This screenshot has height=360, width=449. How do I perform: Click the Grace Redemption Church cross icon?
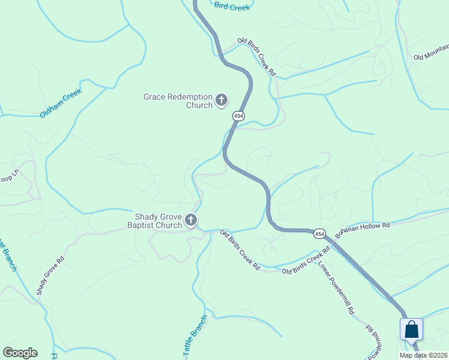(x=221, y=100)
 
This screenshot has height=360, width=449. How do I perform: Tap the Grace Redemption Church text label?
(x=178, y=101)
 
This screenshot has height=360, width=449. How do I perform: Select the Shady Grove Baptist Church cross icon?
(x=191, y=221)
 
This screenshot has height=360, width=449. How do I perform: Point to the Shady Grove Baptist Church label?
(x=154, y=221)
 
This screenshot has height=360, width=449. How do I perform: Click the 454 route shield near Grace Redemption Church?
(x=238, y=115)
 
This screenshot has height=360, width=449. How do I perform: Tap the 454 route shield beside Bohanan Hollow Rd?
(x=319, y=233)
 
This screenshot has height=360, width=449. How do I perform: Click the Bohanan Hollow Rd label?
(x=363, y=228)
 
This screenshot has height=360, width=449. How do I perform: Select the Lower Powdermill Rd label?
(x=337, y=289)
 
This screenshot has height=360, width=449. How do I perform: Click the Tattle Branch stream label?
(x=194, y=337)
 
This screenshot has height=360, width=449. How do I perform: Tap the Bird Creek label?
(x=232, y=6)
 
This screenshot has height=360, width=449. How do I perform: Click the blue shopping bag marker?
(x=412, y=329)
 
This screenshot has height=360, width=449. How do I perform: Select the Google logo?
(x=20, y=353)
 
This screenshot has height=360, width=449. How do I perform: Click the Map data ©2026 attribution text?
(x=424, y=355)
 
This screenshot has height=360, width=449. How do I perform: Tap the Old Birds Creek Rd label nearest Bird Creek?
(x=256, y=56)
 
